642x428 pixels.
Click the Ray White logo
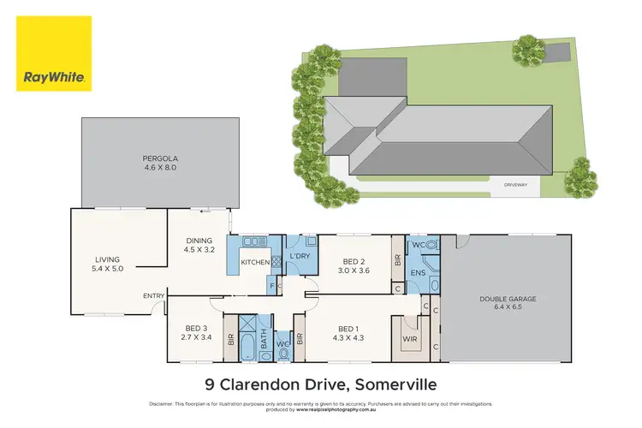click(x=54, y=55)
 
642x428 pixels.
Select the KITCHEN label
click(x=256, y=262)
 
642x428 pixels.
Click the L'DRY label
click(x=299, y=257)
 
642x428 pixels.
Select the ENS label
click(x=418, y=273)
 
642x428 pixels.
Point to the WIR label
click(x=408, y=339)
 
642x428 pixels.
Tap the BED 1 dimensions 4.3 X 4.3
click(x=347, y=337)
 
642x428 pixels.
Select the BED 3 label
click(x=197, y=332)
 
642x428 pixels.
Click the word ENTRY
click(x=153, y=296)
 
